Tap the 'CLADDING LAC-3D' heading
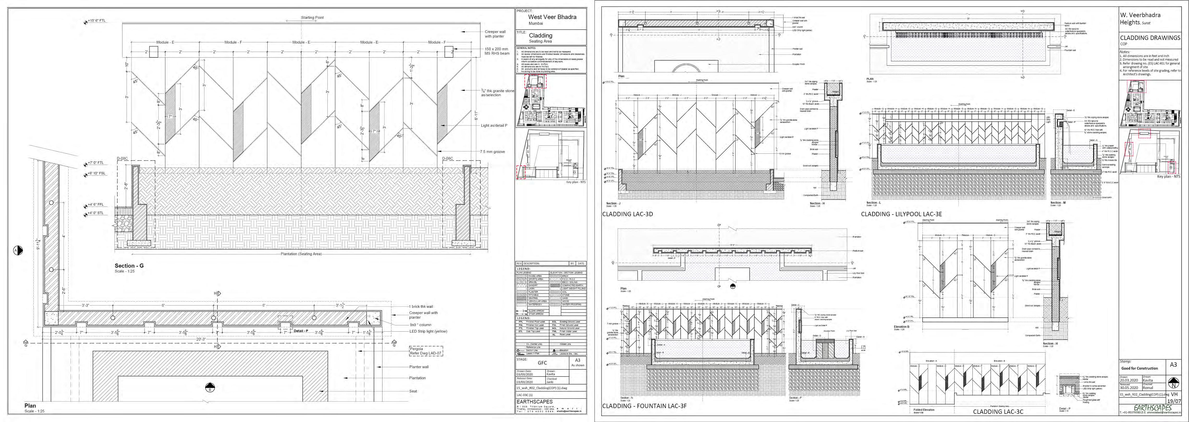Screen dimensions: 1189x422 pyautogui.click(x=627, y=214)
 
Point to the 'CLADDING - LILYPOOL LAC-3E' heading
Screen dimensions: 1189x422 pyautogui.click(x=901, y=214)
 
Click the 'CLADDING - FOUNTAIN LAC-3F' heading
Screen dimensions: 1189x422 pyautogui.click(x=644, y=406)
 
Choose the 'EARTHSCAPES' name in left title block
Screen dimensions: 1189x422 pyautogui.click(x=534, y=402)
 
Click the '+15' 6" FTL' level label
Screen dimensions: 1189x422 pyautogui.click(x=97, y=21)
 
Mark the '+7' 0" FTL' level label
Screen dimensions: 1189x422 pyautogui.click(x=96, y=163)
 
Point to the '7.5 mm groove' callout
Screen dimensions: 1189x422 pyautogui.click(x=492, y=151)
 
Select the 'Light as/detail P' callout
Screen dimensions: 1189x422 pyautogui.click(x=494, y=125)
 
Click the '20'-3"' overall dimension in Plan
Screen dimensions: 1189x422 pyautogui.click(x=201, y=339)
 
